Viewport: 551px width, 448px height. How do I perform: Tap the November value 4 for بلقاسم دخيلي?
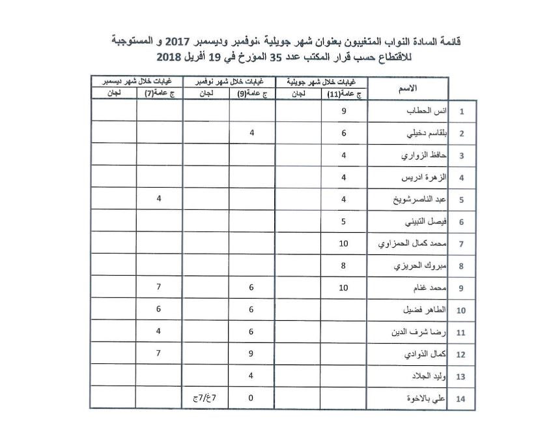(251, 134)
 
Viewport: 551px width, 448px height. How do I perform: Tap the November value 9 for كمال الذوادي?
(251, 354)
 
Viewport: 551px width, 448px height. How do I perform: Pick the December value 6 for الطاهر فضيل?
(159, 310)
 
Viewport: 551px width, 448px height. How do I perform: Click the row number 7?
(460, 244)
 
